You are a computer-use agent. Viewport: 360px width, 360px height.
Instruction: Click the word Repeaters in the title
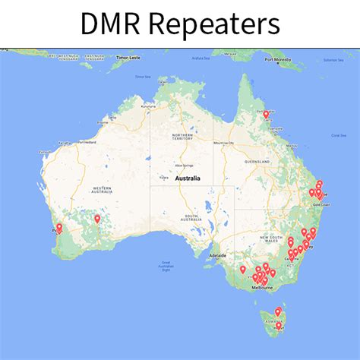[x=214, y=25]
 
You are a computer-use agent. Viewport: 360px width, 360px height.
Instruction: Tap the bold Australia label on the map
[x=187, y=178]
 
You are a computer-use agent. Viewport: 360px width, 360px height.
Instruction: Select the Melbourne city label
[x=261, y=289]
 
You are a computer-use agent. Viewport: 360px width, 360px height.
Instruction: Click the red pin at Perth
[x=59, y=226]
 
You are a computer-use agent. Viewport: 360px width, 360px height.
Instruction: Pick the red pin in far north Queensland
[x=266, y=114]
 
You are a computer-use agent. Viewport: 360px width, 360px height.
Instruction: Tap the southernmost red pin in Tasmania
[x=279, y=325]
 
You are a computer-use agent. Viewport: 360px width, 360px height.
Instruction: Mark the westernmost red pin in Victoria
[x=243, y=269]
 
